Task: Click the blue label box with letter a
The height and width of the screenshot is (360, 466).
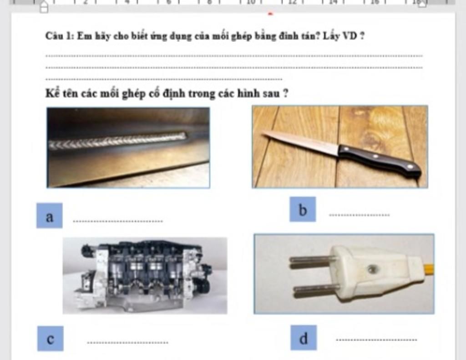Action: pos(49,216)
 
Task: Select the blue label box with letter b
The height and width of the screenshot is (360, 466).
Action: pos(303,209)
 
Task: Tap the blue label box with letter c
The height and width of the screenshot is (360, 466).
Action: pos(50,339)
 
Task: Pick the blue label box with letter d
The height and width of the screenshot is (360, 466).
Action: pos(304,338)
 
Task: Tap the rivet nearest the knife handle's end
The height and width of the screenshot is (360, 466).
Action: pos(410,167)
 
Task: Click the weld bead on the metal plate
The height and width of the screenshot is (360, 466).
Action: pos(117,140)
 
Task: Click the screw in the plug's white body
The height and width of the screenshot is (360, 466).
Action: pos(371,269)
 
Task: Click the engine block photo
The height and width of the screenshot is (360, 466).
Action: pos(145,275)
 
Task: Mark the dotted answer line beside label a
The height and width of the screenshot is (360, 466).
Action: pos(118,221)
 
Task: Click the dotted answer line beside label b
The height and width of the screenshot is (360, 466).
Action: pos(360,215)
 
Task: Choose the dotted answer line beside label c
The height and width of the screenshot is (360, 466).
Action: pos(127,342)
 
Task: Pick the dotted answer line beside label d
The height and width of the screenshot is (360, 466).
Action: pos(376,340)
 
